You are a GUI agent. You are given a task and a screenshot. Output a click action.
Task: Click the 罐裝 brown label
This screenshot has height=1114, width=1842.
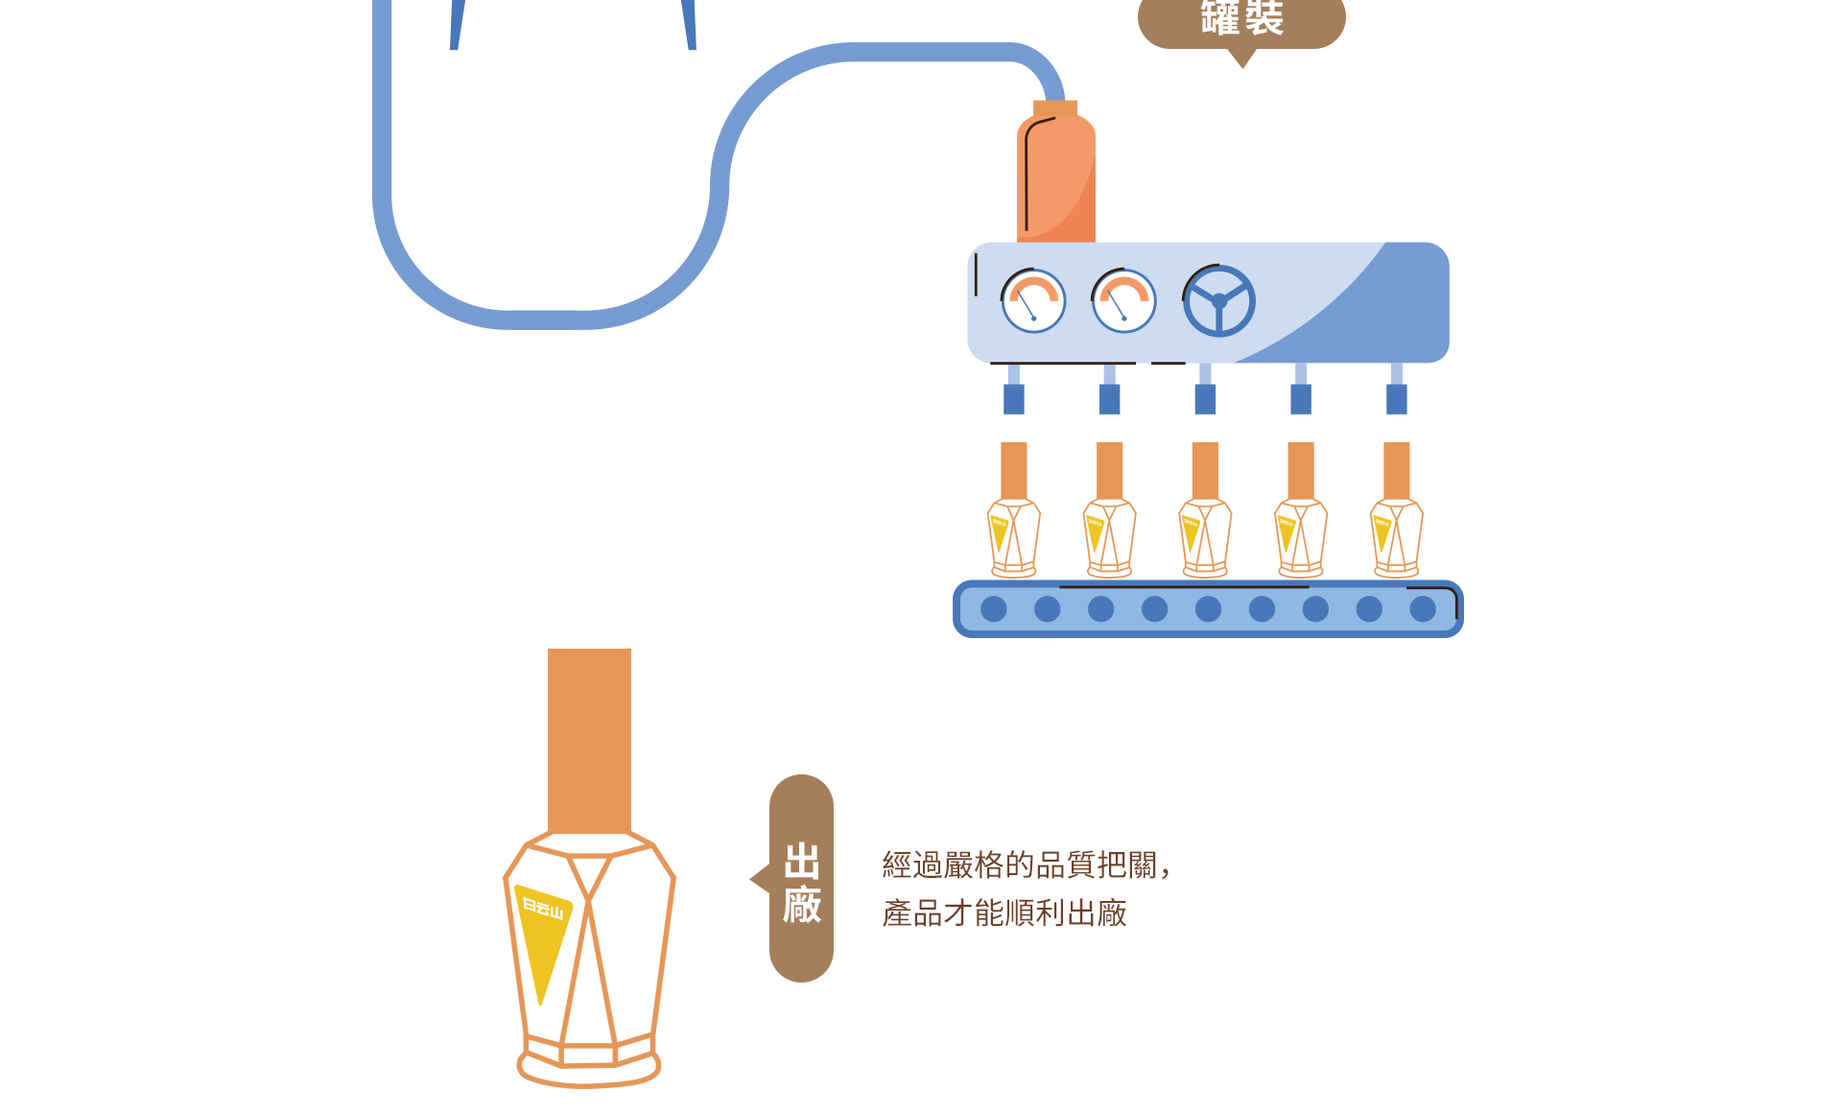(x=1241, y=19)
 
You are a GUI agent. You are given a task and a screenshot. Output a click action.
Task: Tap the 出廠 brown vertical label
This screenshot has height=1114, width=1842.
(x=801, y=879)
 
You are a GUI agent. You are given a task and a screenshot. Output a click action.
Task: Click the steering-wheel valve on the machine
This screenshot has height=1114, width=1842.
(x=1218, y=300)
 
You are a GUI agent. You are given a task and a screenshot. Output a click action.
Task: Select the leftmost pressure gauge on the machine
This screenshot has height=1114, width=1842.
(x=1033, y=300)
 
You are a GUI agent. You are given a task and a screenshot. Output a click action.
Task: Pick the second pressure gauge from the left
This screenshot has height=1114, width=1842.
(x=1123, y=300)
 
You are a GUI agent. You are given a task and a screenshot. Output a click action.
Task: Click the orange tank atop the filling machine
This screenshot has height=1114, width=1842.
(x=1055, y=178)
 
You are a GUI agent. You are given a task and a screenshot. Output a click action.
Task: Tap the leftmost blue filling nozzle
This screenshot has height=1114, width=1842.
(x=1014, y=398)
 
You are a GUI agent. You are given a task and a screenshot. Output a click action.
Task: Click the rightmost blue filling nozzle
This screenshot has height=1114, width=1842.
(x=1397, y=398)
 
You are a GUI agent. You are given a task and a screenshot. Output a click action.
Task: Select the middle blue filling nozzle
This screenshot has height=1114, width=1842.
(x=1205, y=398)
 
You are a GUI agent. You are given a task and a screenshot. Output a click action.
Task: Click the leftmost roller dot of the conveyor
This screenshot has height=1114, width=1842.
(x=994, y=608)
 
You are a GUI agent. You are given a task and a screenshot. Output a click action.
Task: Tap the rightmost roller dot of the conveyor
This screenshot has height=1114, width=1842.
(x=1423, y=608)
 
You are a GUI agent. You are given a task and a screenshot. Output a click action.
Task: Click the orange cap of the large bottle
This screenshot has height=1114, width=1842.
(x=589, y=739)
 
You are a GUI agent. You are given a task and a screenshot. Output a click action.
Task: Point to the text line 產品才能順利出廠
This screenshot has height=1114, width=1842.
(x=1004, y=913)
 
